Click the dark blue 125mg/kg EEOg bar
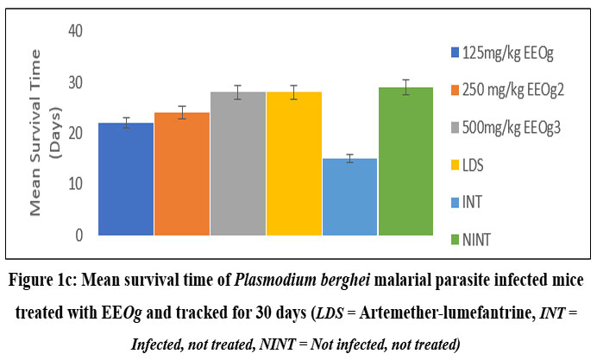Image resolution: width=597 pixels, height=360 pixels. click(126, 179)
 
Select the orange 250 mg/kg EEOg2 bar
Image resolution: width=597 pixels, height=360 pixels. click(182, 174)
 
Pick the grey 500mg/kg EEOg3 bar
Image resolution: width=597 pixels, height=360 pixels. click(238, 163)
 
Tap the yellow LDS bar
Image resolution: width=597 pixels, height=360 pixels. click(293, 163)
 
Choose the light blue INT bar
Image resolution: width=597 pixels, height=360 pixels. click(349, 197)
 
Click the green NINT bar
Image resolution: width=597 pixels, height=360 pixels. click(405, 161)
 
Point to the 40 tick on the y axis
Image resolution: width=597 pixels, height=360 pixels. click(78, 31)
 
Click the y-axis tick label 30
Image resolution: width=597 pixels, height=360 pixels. click(78, 82)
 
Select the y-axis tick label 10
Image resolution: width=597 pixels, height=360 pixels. click(78, 184)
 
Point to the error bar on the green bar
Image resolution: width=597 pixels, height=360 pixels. click(405, 87)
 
